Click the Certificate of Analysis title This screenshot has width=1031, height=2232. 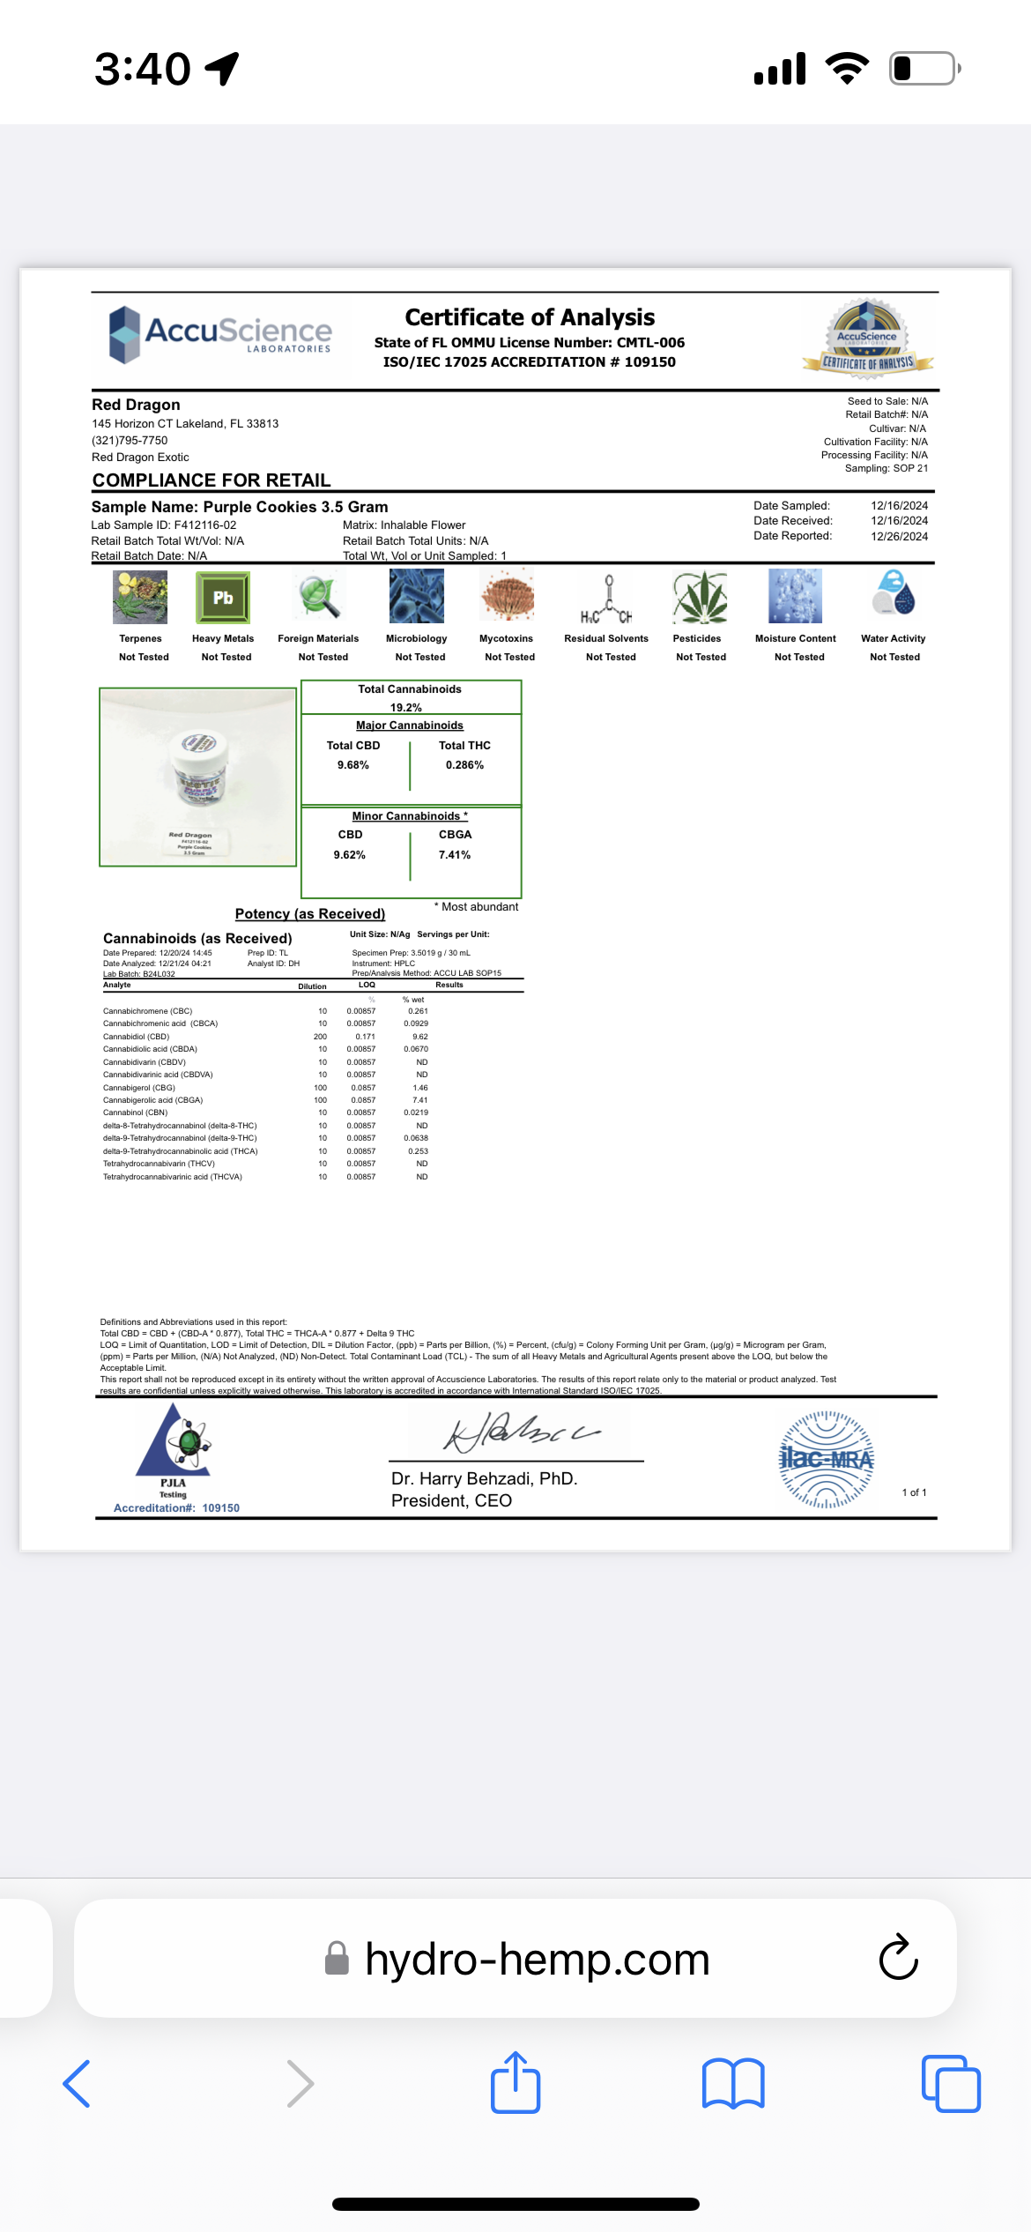pyautogui.click(x=530, y=317)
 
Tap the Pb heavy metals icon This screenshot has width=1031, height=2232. pyautogui.click(x=223, y=598)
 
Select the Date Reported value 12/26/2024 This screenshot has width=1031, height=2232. pyautogui.click(x=899, y=536)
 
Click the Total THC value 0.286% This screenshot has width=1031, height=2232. pyautogui.click(x=464, y=765)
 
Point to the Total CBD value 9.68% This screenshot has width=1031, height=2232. pyautogui.click(x=352, y=765)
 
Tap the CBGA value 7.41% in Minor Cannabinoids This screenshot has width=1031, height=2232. pyautogui.click(x=455, y=855)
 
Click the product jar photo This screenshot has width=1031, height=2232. pyautogui.click(x=198, y=777)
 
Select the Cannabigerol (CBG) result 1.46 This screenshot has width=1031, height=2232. pyautogui.click(x=420, y=1088)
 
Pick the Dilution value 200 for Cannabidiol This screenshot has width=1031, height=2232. pyautogui.click(x=320, y=1037)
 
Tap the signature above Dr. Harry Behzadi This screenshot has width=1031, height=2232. pyautogui.click(x=520, y=1432)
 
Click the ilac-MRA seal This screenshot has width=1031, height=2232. pyautogui.click(x=826, y=1460)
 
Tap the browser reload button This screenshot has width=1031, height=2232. pyautogui.click(x=898, y=1958)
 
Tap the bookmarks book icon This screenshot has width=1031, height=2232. pyautogui.click(x=733, y=2084)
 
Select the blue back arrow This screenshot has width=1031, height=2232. pyautogui.click(x=78, y=2084)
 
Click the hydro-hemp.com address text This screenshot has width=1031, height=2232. pyautogui.click(x=537, y=1959)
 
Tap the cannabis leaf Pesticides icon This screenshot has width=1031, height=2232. pyautogui.click(x=699, y=598)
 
